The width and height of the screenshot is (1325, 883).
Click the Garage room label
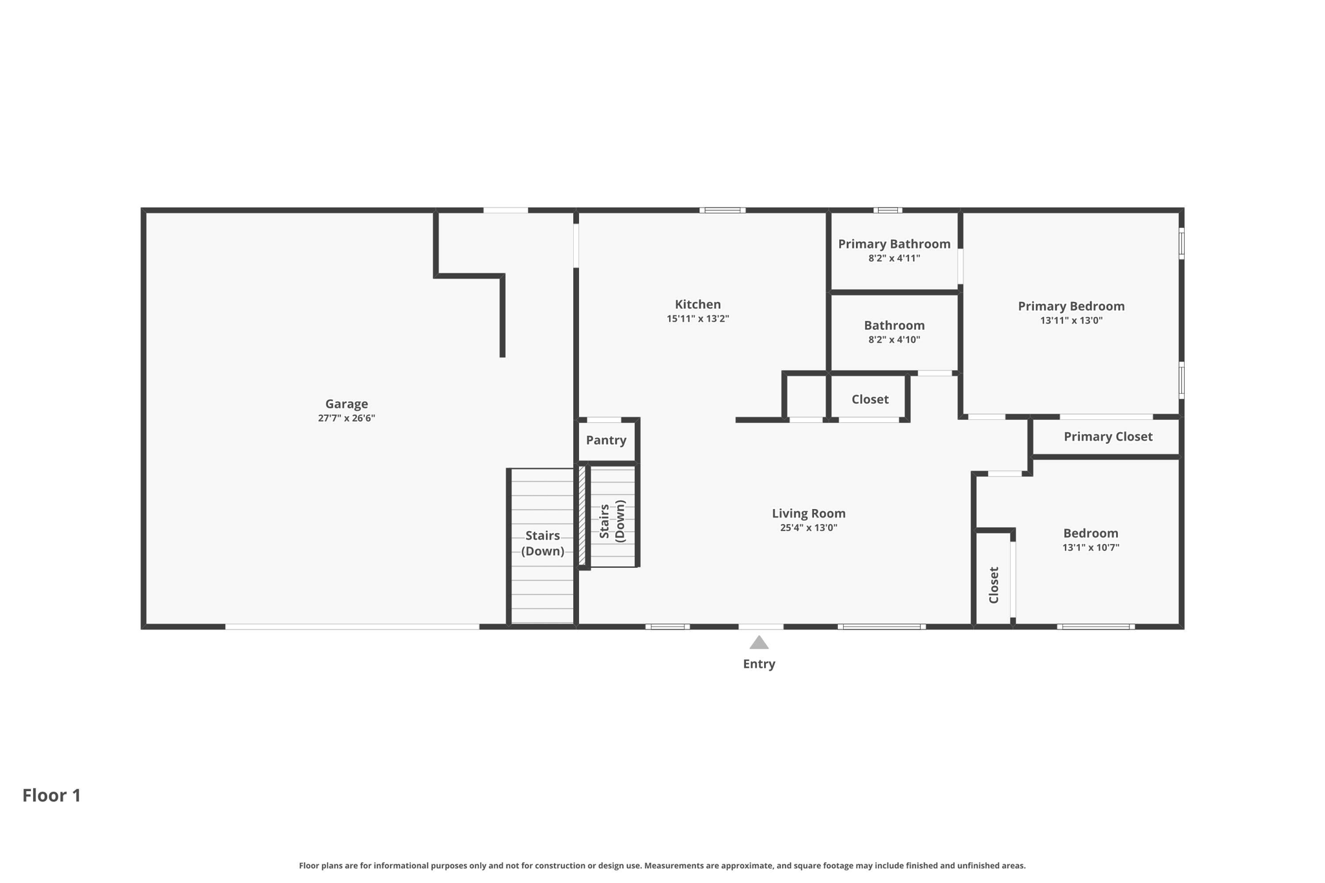pos(346,404)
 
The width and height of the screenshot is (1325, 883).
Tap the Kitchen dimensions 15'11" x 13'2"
pos(697,318)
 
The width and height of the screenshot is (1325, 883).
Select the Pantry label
pos(606,440)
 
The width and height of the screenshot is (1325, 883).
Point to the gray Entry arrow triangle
pos(759,642)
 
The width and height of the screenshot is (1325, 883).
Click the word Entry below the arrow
pos(759,664)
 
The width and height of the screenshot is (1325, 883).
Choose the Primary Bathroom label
pos(894,244)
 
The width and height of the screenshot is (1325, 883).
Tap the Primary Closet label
pos(1108,437)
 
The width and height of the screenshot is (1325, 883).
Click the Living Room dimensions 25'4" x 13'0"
pos(808,527)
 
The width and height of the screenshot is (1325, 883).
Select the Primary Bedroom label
pos(1071,306)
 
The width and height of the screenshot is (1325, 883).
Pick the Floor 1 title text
pos(52,795)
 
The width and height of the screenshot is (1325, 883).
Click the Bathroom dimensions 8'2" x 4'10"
pos(894,340)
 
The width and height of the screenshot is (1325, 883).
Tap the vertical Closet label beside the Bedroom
pos(994,585)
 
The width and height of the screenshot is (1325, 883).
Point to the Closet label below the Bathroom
pos(870,399)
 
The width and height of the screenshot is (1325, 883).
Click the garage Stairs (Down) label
pos(542,543)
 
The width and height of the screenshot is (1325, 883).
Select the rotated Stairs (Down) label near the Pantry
pos(612,521)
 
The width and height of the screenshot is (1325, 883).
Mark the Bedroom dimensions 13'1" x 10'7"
pos(1090,547)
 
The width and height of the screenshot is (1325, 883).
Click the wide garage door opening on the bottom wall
pos(352,627)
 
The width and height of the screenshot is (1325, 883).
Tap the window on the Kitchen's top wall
pos(722,210)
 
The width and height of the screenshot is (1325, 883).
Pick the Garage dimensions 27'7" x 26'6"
pos(346,418)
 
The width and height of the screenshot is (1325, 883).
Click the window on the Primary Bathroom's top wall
pos(888,210)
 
